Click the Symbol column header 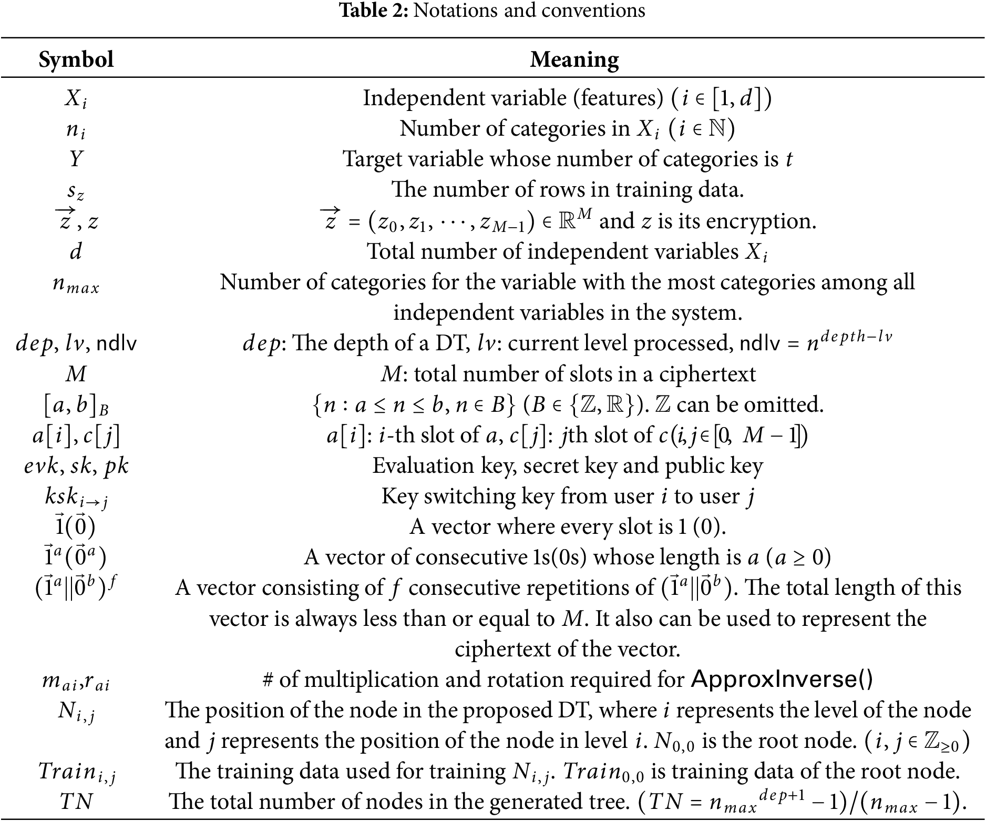pos(76,59)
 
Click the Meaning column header pos(574,59)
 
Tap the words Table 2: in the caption pos(374,11)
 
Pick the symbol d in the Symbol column pos(76,251)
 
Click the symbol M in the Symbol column pos(76,374)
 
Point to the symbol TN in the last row pos(76,802)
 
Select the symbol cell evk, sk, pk pos(76,466)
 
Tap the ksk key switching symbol pos(76,498)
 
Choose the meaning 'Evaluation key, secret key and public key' pos(568,466)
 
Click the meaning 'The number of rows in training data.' pos(568,189)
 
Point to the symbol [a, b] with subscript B pos(76,406)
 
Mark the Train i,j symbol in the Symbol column pos(76,772)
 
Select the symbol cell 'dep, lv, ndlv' pos(76,343)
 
